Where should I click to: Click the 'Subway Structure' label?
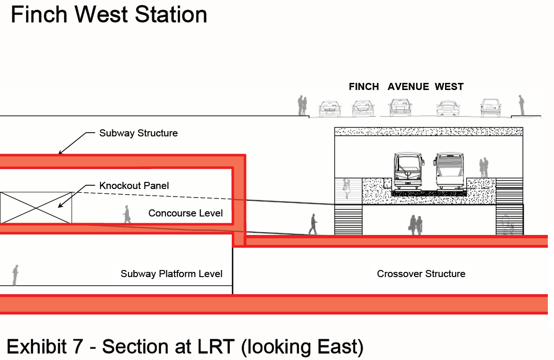[x=138, y=133]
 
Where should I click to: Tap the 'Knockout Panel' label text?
[x=134, y=186]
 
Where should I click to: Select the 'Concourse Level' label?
[x=185, y=213]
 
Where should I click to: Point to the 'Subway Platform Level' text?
[x=172, y=274]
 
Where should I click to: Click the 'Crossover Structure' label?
[x=421, y=274]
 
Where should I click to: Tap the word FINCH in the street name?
[x=364, y=87]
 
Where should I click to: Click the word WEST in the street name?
[x=449, y=87]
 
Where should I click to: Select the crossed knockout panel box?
[x=36, y=207]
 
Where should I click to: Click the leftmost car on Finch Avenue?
[x=330, y=108]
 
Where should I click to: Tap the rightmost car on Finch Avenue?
[x=491, y=108]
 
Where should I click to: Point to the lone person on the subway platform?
[x=16, y=275]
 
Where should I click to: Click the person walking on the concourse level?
[x=127, y=214]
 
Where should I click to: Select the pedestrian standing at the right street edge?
[x=521, y=105]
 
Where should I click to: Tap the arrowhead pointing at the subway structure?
[x=60, y=152]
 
